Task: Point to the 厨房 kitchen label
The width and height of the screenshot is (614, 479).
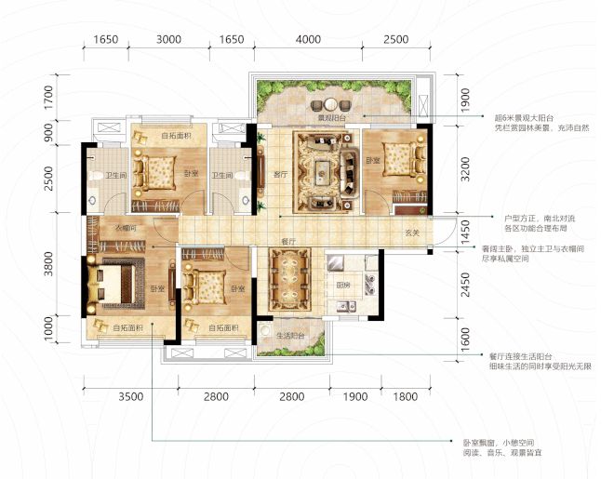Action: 342,285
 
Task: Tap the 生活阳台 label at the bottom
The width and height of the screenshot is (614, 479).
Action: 292,337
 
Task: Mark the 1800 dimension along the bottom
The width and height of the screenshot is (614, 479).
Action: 405,397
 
